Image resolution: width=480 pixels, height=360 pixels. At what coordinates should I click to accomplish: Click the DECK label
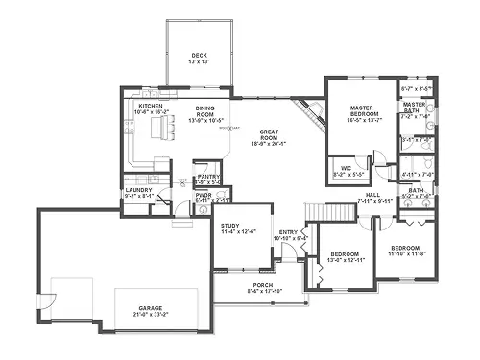click(199, 55)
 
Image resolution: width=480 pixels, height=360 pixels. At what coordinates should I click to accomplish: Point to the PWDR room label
click(203, 195)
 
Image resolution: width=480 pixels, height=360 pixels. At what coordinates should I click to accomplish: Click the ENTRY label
click(288, 232)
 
